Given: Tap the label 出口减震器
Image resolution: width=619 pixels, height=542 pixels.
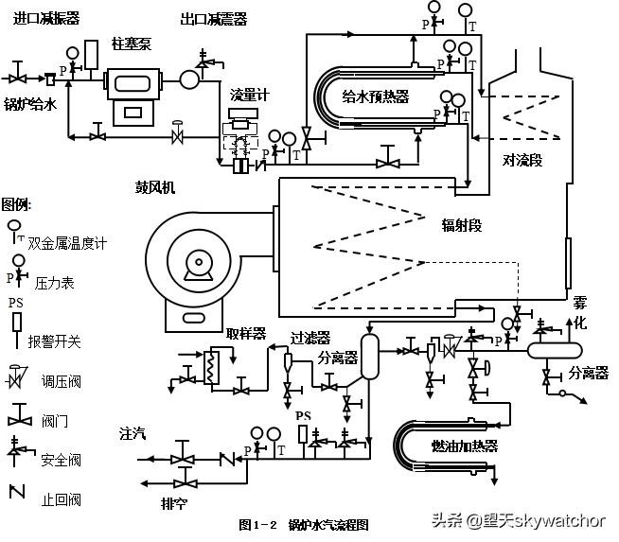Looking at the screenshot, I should (213, 20).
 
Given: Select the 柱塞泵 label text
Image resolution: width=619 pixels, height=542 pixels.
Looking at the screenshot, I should (130, 44).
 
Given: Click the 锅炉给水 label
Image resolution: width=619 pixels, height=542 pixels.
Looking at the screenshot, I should (31, 104).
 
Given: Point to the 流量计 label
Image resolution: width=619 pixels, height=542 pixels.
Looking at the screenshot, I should (248, 96).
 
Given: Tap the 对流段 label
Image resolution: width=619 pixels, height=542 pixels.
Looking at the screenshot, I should (522, 161).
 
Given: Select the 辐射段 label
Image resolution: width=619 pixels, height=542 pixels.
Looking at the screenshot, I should (461, 225).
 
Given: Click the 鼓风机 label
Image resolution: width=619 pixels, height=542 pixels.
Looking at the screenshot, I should (154, 186).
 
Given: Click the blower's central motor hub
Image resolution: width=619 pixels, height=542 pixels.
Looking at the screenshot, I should (197, 265).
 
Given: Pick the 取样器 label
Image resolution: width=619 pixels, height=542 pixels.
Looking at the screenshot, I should (245, 334).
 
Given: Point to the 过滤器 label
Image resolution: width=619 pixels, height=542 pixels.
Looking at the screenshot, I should (309, 337).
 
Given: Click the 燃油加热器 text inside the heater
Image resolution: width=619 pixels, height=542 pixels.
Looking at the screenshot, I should (464, 446).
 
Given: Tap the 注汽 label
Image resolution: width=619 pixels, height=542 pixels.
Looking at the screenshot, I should (133, 434).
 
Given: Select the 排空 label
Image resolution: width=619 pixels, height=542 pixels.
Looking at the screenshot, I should (174, 503).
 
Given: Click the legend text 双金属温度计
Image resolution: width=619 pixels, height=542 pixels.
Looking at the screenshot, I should (67, 243).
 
